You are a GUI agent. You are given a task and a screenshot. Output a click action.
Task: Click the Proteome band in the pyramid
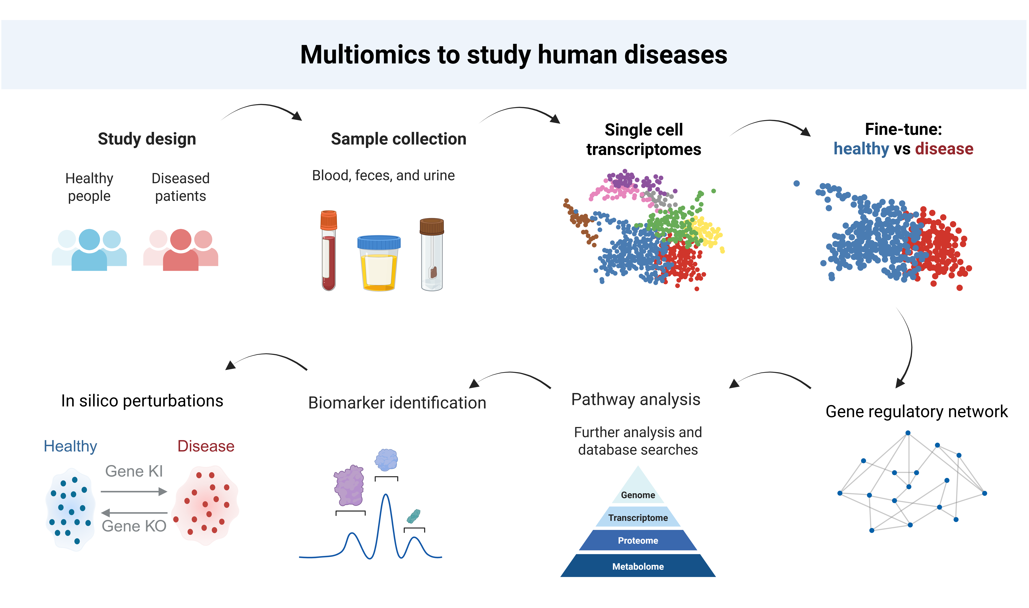tap(638, 540)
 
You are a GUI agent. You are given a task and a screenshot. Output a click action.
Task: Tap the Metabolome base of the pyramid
tap(638, 566)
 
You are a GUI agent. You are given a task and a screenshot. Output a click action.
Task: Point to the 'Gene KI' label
tap(134, 471)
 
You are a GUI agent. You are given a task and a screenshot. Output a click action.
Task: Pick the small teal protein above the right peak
tap(414, 516)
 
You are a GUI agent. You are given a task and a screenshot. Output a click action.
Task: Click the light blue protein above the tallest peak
tap(386, 460)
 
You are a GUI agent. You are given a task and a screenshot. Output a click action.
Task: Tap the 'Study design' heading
tap(147, 139)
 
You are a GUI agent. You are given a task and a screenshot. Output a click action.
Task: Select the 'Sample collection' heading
tap(399, 139)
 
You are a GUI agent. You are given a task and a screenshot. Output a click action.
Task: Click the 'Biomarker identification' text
tap(397, 403)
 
